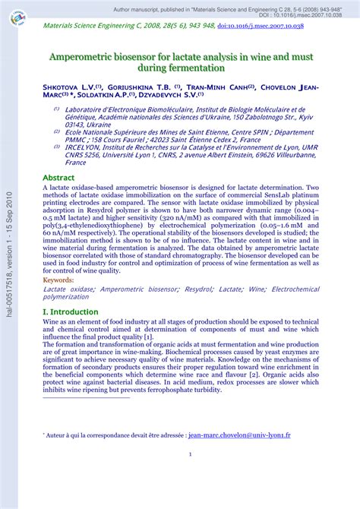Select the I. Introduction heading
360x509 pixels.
coord(71,311)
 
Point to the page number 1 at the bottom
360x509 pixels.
coord(190,454)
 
